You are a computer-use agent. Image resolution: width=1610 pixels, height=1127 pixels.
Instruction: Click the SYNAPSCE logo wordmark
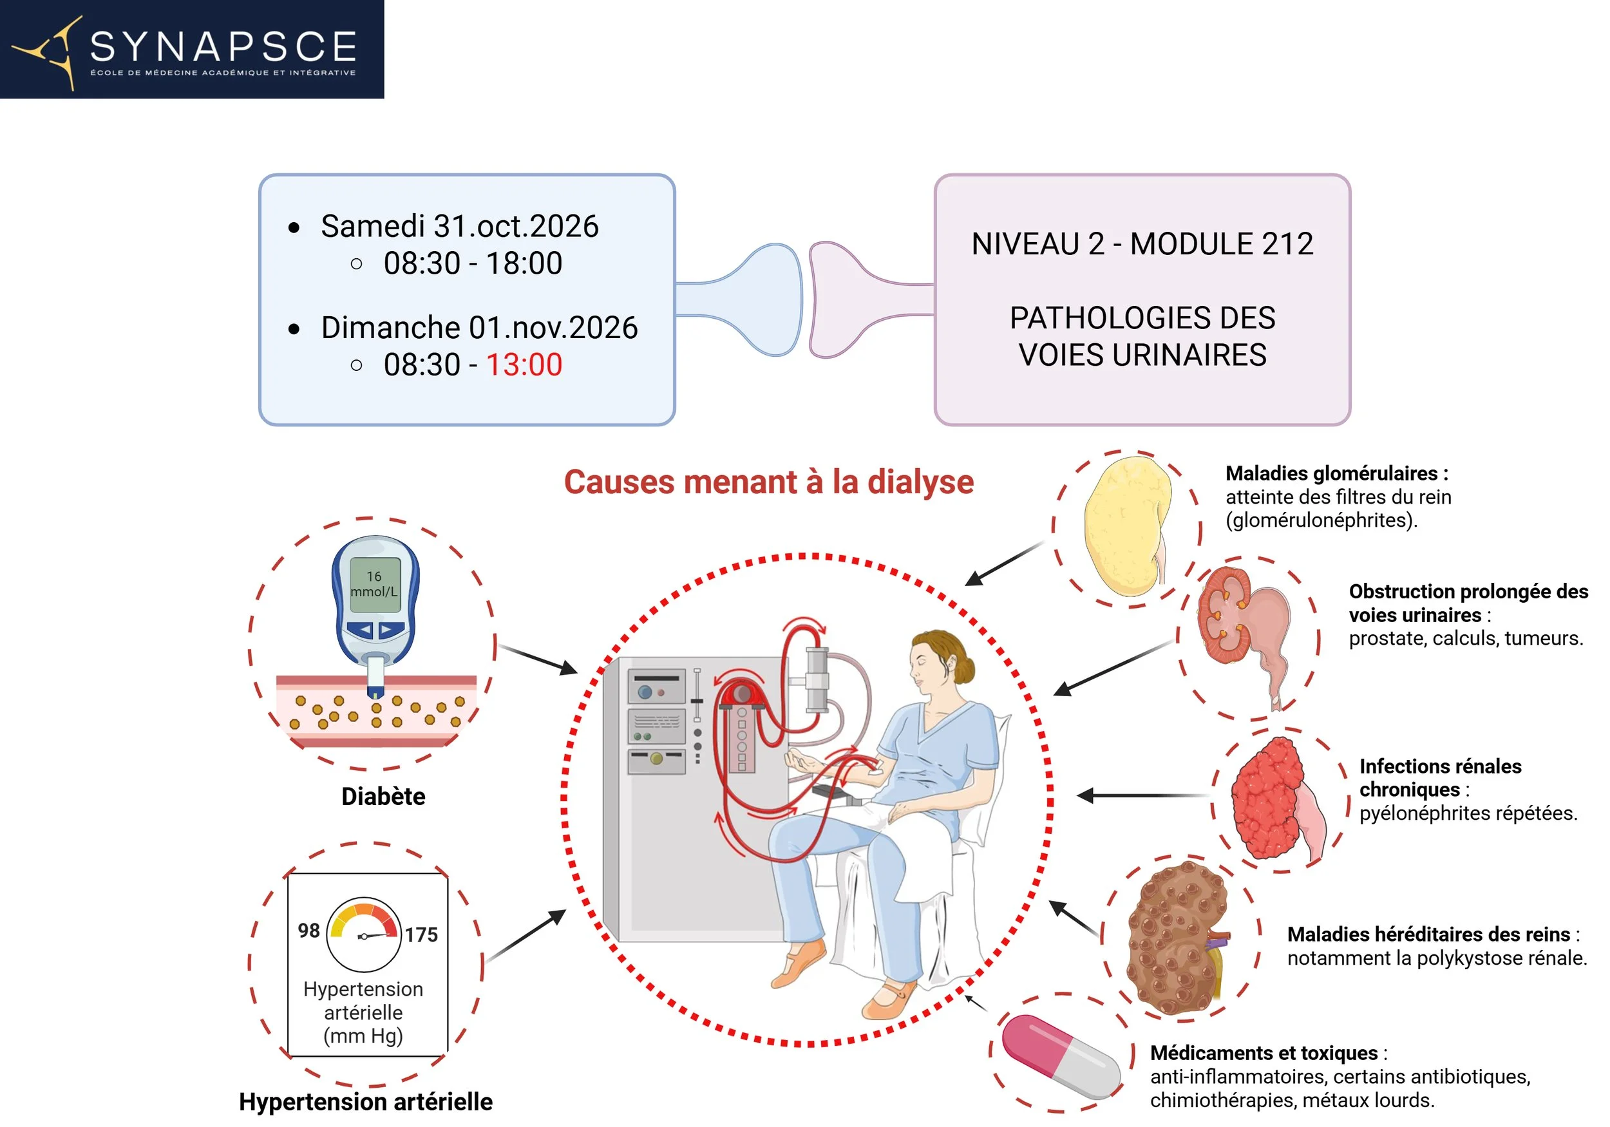pos(223,47)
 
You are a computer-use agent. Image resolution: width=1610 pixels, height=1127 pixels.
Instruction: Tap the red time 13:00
pos(524,365)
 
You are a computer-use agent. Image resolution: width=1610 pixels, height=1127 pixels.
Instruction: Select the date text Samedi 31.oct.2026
pos(459,226)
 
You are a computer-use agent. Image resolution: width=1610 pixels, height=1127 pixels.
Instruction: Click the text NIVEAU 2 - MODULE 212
pos(1142,244)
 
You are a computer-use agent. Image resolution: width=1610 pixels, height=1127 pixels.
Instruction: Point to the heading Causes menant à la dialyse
pos(768,482)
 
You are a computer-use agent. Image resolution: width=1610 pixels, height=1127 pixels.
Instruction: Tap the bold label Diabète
pos(383,796)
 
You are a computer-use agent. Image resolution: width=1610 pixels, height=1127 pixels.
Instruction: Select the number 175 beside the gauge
pos(421,934)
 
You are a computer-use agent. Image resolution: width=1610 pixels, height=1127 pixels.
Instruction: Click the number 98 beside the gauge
pos(308,930)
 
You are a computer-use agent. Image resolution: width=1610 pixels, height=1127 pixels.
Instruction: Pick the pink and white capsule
pos(1061,1056)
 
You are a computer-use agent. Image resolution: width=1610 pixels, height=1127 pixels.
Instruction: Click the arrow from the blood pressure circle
pos(526,935)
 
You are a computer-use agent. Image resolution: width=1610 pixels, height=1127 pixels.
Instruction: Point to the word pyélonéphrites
pos(1425,813)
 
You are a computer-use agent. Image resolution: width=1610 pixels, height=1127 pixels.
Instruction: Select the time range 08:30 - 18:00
pos(473,263)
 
